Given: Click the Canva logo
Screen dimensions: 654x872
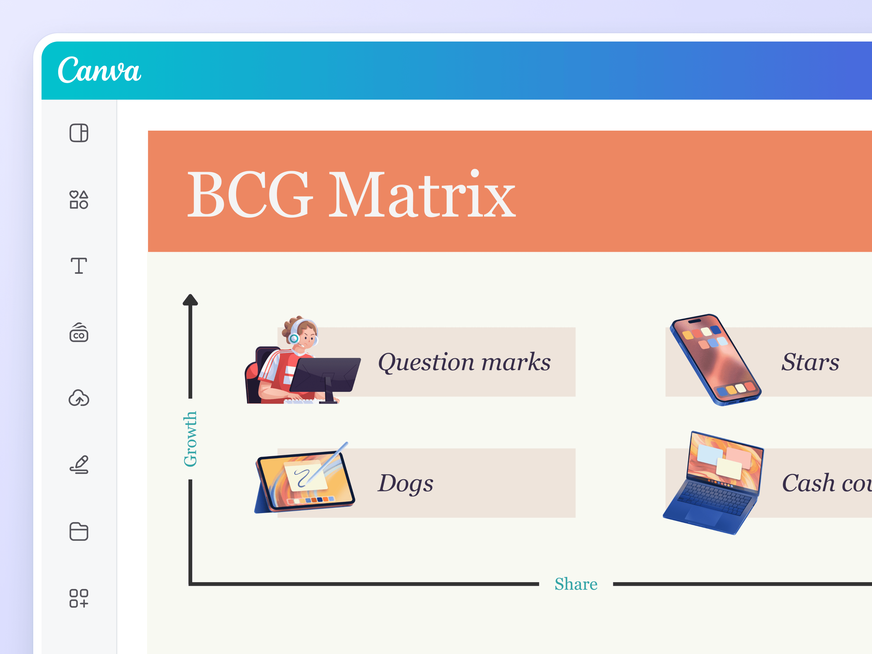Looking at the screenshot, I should tap(99, 70).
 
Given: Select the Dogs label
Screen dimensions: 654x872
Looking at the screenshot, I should tap(405, 483).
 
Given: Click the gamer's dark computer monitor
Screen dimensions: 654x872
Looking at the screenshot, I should tap(325, 375).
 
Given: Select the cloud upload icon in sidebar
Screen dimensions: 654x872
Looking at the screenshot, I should tap(79, 398).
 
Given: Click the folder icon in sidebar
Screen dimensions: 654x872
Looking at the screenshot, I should tap(79, 531).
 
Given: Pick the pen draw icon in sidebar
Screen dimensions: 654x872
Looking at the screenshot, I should tap(79, 464).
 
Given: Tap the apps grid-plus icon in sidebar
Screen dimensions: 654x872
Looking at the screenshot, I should tap(79, 598).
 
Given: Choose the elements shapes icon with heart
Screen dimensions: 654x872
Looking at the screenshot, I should tap(79, 199).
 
